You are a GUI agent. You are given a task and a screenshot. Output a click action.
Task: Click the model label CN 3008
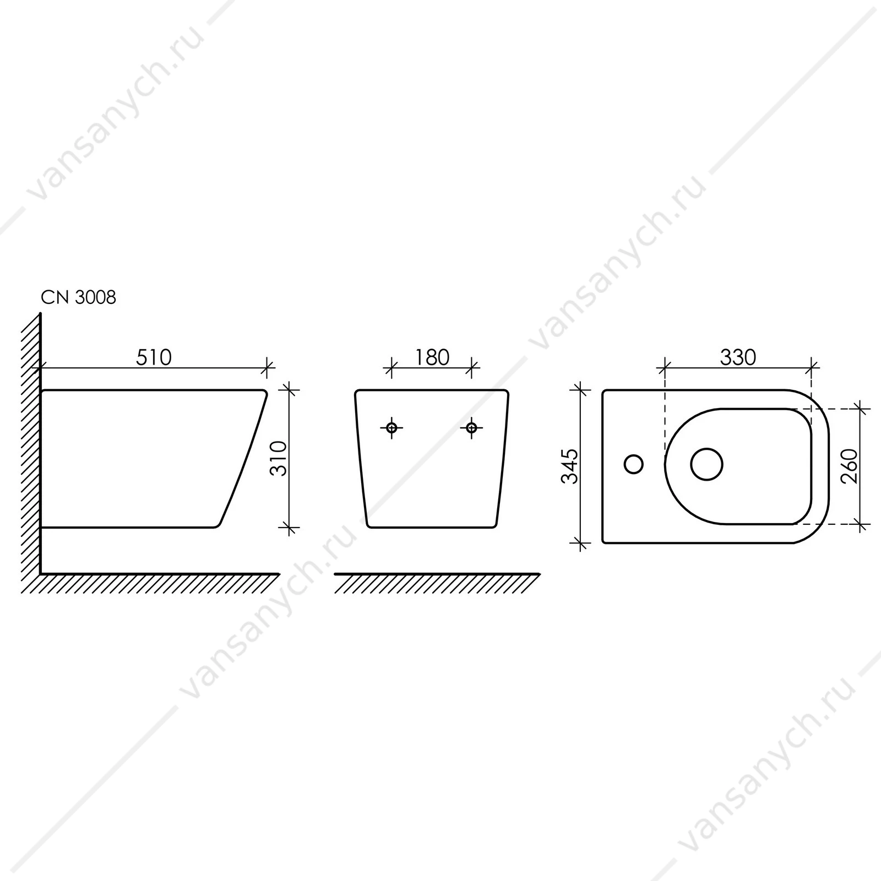click(79, 297)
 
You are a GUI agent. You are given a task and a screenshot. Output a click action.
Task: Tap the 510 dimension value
click(154, 357)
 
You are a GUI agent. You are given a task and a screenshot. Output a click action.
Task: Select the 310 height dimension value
click(279, 459)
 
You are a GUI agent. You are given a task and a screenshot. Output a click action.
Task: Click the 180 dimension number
click(432, 357)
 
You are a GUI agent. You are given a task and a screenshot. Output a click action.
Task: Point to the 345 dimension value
click(570, 466)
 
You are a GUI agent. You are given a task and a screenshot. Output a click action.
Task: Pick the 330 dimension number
click(738, 357)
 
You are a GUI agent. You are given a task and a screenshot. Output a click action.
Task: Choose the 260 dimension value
click(850, 466)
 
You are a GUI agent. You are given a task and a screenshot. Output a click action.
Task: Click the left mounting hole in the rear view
click(391, 427)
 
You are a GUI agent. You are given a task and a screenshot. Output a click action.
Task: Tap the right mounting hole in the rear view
click(471, 427)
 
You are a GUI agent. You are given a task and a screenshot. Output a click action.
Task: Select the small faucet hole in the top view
click(634, 464)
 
